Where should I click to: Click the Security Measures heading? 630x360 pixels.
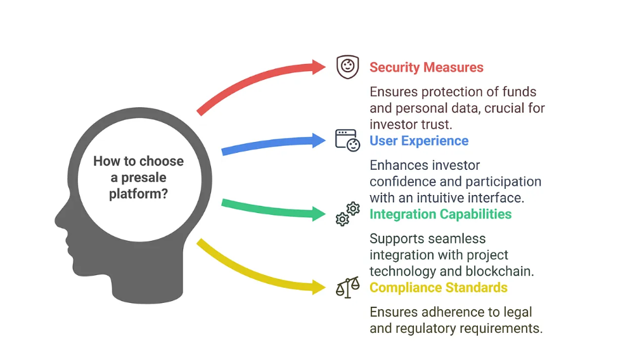pyautogui.click(x=426, y=67)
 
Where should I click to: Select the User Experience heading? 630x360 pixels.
pyautogui.click(x=419, y=141)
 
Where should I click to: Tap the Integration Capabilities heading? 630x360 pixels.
pyautogui.click(x=440, y=214)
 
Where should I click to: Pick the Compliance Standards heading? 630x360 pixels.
pyautogui.click(x=438, y=288)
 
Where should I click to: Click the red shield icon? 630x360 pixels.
pyautogui.click(x=347, y=67)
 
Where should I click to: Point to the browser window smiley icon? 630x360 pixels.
pyautogui.click(x=347, y=140)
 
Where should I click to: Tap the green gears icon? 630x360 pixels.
pyautogui.click(x=347, y=214)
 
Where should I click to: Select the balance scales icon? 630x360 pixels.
pyautogui.click(x=347, y=288)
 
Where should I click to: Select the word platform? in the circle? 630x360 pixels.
pyautogui.click(x=138, y=193)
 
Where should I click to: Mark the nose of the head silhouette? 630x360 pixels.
pyautogui.click(x=58, y=219)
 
